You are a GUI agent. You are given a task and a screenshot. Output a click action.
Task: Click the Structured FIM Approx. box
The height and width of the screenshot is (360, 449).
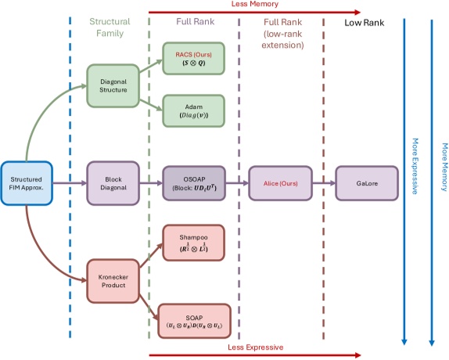[x=27, y=182]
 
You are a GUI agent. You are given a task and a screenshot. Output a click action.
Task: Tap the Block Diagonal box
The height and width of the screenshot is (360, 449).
[x=112, y=182]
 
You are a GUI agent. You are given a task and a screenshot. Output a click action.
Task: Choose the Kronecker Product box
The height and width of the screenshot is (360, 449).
[x=112, y=279]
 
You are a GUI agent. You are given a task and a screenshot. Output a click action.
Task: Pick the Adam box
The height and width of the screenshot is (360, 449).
[x=192, y=110]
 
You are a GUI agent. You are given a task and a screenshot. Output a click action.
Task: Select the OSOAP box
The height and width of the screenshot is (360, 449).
[x=192, y=182]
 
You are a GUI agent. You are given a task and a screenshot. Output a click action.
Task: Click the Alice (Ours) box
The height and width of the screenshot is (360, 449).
[x=281, y=182]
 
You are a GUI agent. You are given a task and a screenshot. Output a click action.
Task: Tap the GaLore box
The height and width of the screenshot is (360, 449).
[x=366, y=182]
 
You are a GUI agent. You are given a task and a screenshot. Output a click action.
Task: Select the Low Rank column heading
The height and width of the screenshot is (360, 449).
[x=364, y=23]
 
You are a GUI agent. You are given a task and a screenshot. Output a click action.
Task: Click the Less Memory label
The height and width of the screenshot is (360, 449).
[x=254, y=5]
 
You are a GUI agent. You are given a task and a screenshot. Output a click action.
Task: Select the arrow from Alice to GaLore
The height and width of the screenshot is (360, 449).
[x=324, y=182]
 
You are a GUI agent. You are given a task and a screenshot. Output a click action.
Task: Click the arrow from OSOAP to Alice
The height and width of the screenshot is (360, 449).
[x=235, y=182]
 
